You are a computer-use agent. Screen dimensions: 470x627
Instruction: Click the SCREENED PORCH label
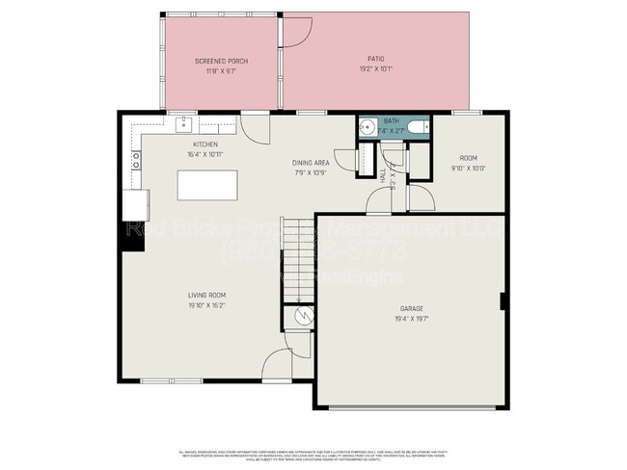221,61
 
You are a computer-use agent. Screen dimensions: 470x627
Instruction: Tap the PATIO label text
375,59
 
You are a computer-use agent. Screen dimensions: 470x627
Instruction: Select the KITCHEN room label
205,144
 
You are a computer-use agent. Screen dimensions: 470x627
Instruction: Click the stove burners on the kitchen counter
136,159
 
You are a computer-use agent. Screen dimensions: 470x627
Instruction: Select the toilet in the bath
417,126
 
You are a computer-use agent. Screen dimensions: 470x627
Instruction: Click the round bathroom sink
368,126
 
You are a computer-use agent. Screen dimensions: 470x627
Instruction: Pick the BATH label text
390,120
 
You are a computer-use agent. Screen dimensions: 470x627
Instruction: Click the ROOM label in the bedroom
468,157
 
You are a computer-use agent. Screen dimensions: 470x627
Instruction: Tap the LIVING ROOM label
206,295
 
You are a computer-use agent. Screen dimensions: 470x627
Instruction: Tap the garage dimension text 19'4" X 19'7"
411,318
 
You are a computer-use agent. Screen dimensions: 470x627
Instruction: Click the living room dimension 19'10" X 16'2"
206,305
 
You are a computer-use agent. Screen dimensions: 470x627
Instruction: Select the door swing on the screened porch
296,31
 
